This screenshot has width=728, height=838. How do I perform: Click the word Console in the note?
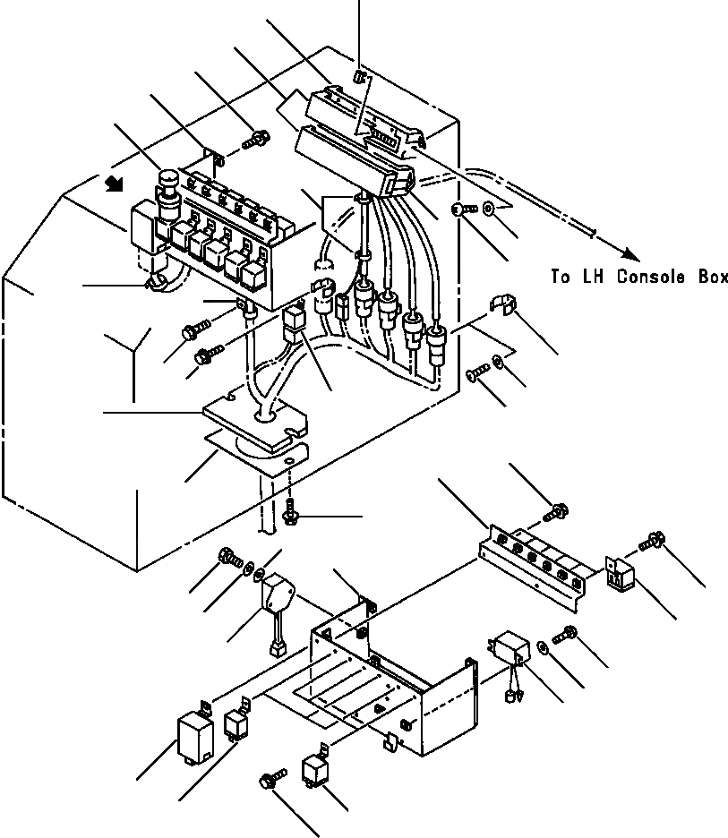[644, 278]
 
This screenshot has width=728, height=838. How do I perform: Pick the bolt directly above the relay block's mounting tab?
[258, 140]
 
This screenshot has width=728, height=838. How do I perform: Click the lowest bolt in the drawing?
[271, 781]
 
